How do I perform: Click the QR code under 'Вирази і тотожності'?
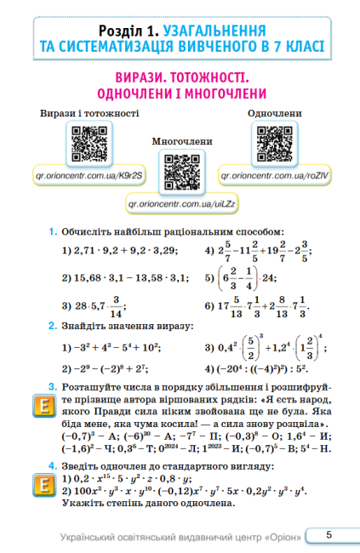click(x=89, y=145)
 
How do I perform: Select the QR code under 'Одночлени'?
click(x=275, y=145)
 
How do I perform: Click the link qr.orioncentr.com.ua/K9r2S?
click(x=89, y=180)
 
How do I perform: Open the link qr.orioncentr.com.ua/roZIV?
click(x=275, y=180)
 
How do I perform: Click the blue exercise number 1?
click(x=52, y=231)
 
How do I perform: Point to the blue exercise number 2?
click(x=52, y=326)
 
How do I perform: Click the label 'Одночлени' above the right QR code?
click(x=275, y=113)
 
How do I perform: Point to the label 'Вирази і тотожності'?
click(x=89, y=113)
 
